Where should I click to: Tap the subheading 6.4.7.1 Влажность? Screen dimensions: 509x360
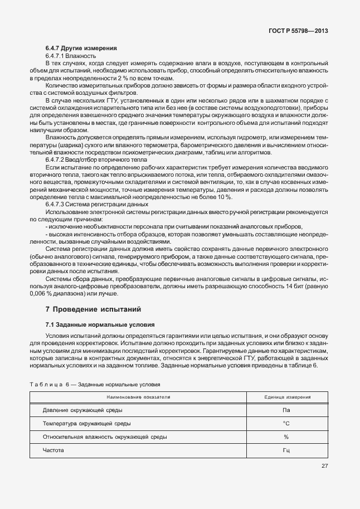pos(71,56)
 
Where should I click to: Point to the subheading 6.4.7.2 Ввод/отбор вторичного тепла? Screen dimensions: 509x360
pos(96,160)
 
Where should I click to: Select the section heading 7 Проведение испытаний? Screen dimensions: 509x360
pos(94,308)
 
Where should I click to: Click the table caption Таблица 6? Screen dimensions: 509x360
pos(95,385)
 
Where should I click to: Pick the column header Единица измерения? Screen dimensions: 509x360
pos(288,397)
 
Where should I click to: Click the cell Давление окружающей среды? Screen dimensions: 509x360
pos(82,410)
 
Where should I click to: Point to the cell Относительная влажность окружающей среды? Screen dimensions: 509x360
pos(105,437)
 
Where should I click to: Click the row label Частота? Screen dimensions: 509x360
pos(54,450)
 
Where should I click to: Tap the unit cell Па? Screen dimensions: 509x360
pos(287,410)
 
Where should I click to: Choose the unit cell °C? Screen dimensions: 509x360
pos(287,424)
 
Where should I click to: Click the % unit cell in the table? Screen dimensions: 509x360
pos(287,437)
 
